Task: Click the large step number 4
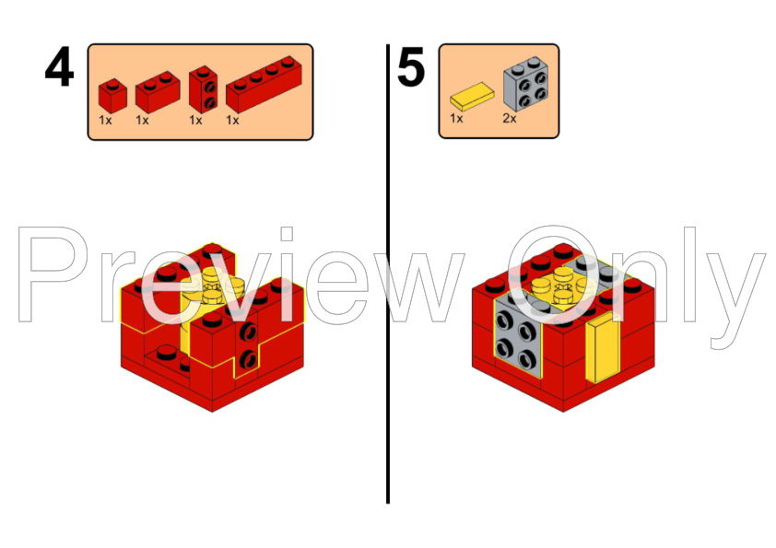60,68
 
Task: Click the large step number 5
411,68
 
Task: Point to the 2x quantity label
510,119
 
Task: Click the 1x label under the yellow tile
456,119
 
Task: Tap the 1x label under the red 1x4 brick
232,120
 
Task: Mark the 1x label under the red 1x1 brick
105,120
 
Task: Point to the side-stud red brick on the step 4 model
245,344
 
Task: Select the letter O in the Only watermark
557,276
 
